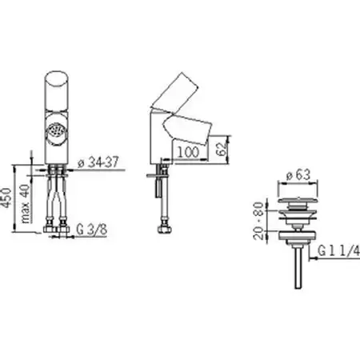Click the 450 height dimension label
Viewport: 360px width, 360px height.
[x=6, y=198]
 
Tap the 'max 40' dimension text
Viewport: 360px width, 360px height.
[x=26, y=204]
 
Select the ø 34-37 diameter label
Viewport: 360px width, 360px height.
[x=98, y=162]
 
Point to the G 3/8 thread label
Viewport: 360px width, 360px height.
[x=92, y=230]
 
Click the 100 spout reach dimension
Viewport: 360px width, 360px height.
[x=188, y=152]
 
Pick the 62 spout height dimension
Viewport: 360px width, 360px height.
[x=222, y=149]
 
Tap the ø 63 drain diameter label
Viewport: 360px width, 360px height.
[x=298, y=175]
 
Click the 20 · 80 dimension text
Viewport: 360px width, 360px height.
[x=258, y=221]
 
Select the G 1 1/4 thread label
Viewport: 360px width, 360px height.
[x=338, y=251]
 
